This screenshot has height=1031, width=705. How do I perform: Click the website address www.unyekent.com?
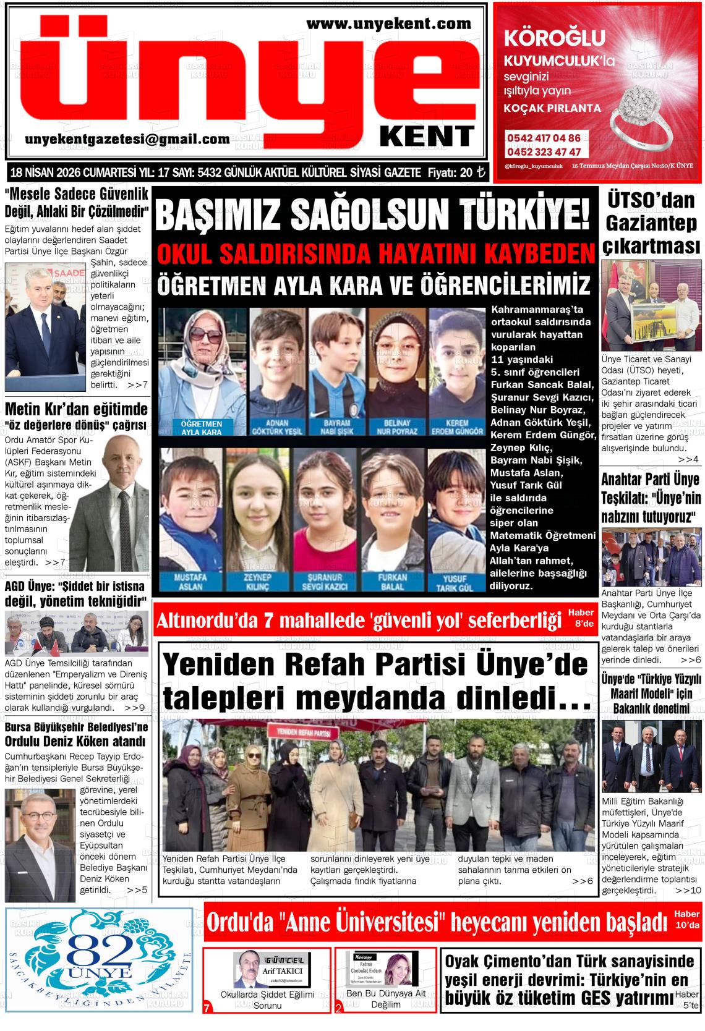(388, 24)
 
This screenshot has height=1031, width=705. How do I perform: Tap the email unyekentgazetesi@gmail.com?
(127, 140)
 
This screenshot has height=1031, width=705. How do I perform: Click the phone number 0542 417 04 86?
(544, 138)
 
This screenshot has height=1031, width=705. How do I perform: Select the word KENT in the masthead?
(427, 136)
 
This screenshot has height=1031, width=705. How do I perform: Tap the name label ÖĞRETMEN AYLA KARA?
(201, 428)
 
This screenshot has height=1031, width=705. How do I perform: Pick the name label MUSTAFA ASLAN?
(190, 582)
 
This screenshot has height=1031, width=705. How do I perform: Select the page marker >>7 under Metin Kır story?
(55, 562)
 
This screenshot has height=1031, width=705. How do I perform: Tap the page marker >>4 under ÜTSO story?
(688, 460)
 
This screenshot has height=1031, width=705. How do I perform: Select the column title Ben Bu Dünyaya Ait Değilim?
(385, 999)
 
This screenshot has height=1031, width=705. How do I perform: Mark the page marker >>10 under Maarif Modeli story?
(688, 891)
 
